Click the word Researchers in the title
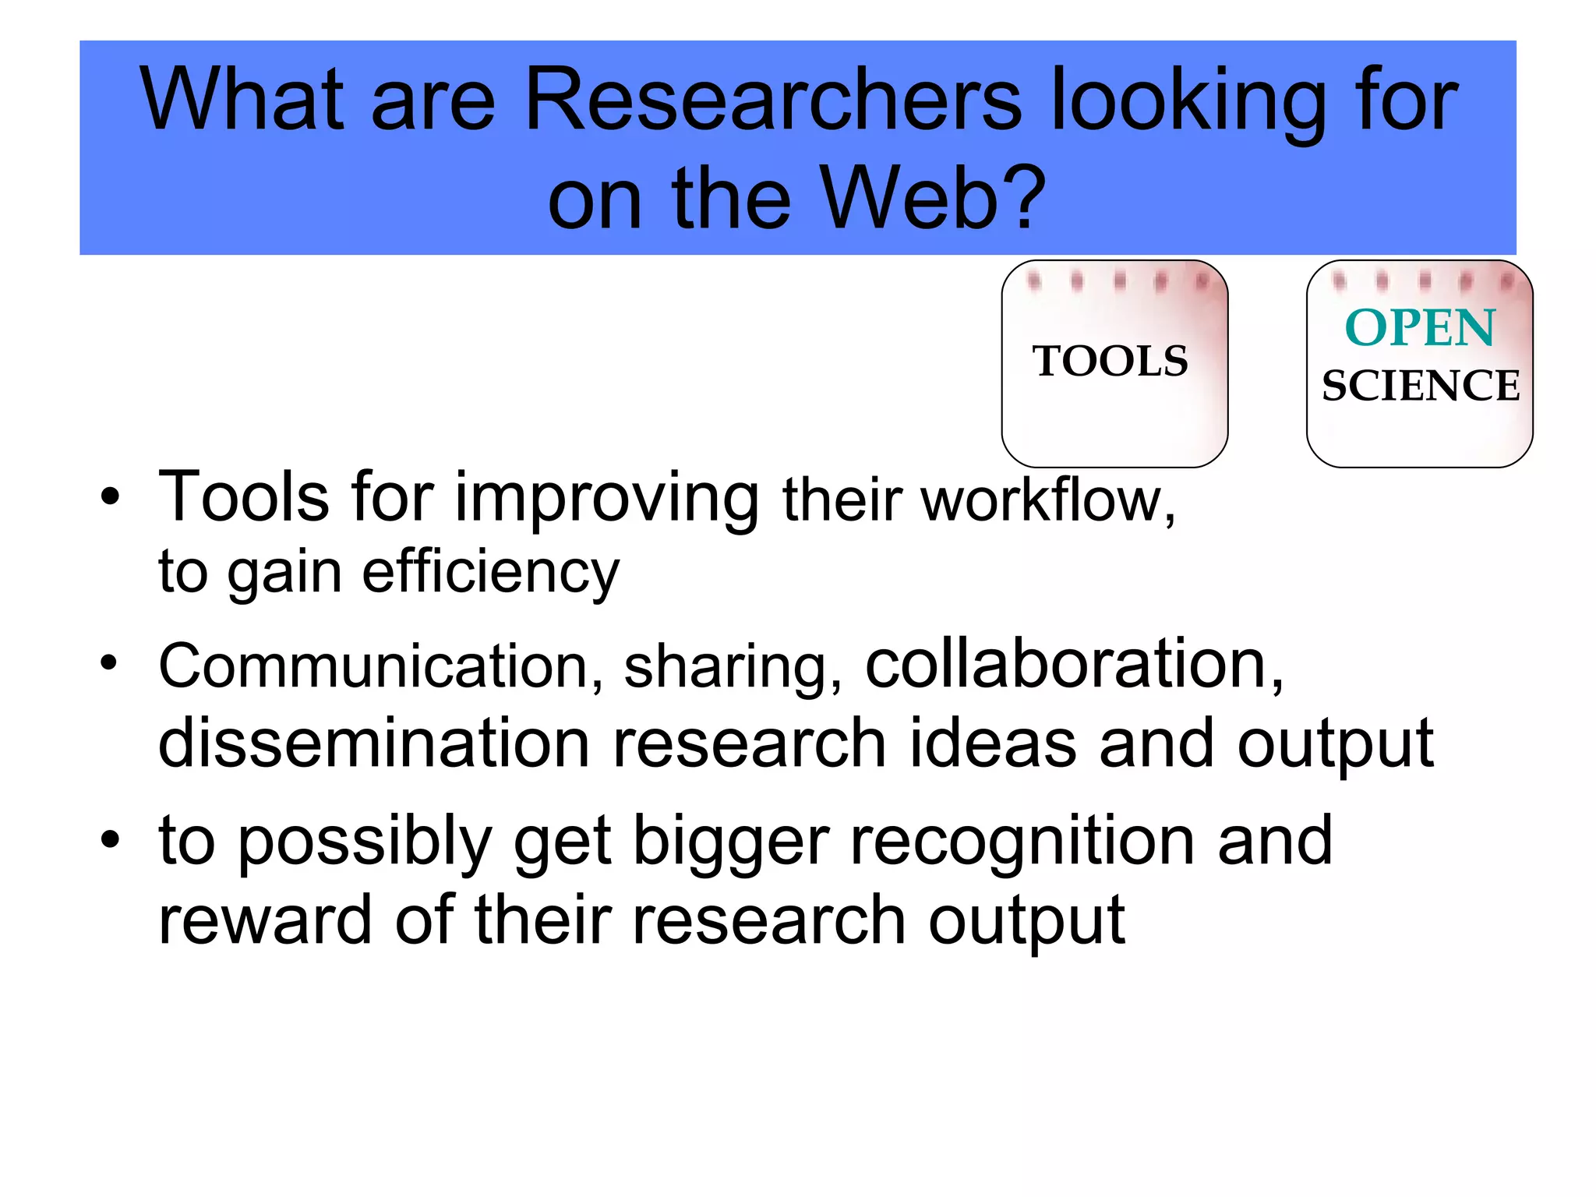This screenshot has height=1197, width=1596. pyautogui.click(x=772, y=100)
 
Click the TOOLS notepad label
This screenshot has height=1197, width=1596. pyautogui.click(x=1110, y=362)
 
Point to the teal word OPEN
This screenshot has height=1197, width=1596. pyautogui.click(x=1420, y=327)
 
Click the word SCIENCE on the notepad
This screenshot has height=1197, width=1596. pyautogui.click(x=1420, y=386)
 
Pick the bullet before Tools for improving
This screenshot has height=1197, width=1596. pyautogui.click(x=111, y=496)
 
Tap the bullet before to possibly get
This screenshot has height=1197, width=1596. pyautogui.click(x=111, y=839)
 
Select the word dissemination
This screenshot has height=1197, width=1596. pyautogui.click(x=373, y=743)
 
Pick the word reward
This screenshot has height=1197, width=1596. pyautogui.click(x=265, y=920)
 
